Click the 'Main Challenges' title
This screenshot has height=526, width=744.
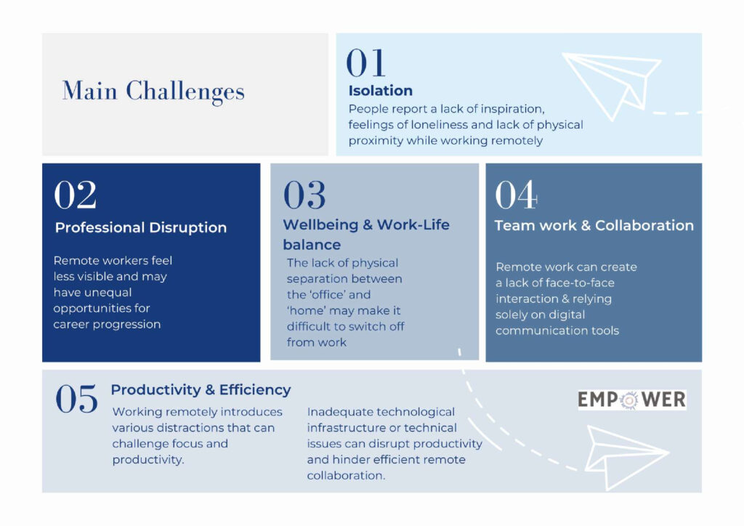tap(153, 92)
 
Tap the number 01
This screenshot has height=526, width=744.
tap(365, 62)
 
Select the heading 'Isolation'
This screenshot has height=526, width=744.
tap(381, 91)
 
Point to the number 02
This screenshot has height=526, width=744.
tap(75, 195)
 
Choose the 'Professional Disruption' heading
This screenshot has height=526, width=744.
tap(141, 227)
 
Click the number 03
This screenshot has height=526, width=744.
tap(304, 195)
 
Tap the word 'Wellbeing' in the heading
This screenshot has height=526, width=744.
tap(320, 224)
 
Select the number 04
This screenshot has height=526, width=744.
tap(516, 195)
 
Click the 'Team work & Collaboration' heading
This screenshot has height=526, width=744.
tap(594, 225)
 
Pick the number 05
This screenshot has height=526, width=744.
tap(76, 398)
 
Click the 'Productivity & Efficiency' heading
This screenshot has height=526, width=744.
tap(201, 390)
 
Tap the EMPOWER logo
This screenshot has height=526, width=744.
tap(631, 400)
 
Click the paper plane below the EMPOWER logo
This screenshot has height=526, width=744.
tap(626, 456)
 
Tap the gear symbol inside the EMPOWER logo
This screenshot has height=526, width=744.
tap(629, 400)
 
